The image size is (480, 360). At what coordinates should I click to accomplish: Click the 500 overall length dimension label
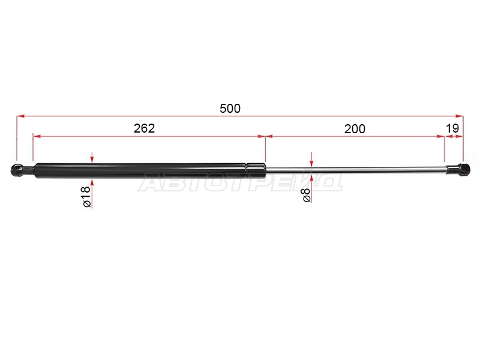point(230,109)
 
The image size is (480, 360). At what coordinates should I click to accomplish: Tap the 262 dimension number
point(144,128)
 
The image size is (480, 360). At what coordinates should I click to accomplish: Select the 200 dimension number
point(355,129)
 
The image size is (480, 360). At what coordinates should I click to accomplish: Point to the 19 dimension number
point(452,128)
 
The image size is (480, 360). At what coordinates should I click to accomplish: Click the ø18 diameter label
point(87,197)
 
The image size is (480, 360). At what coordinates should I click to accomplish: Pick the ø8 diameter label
point(307,196)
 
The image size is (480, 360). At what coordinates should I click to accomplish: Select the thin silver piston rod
point(356,170)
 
